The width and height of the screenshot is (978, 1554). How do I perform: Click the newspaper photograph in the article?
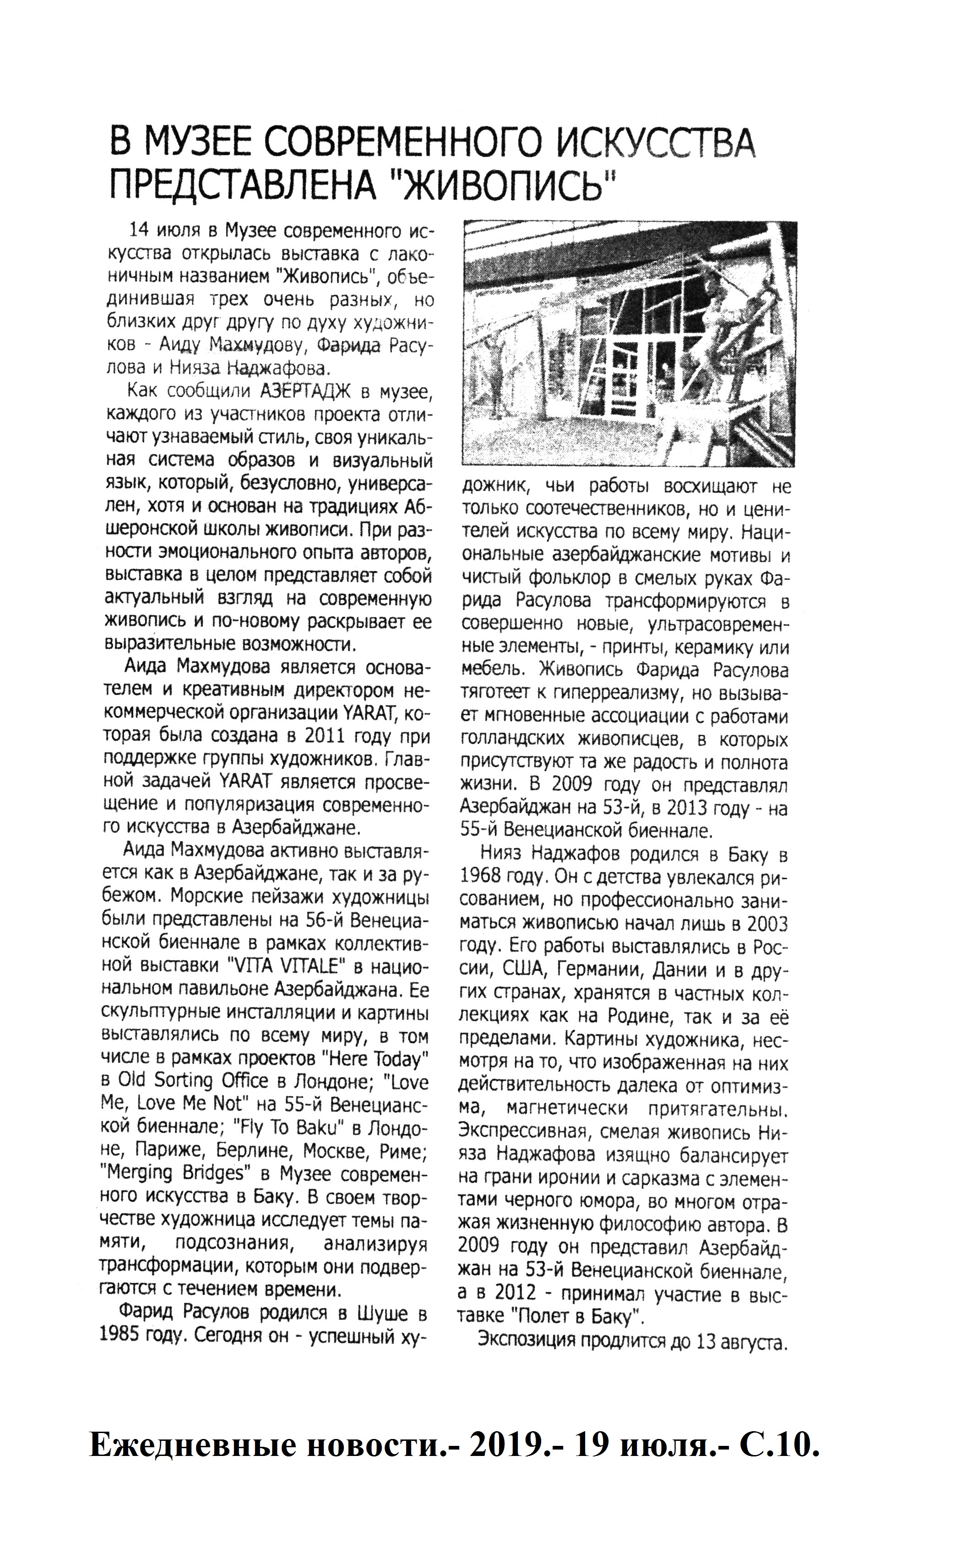(x=629, y=343)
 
